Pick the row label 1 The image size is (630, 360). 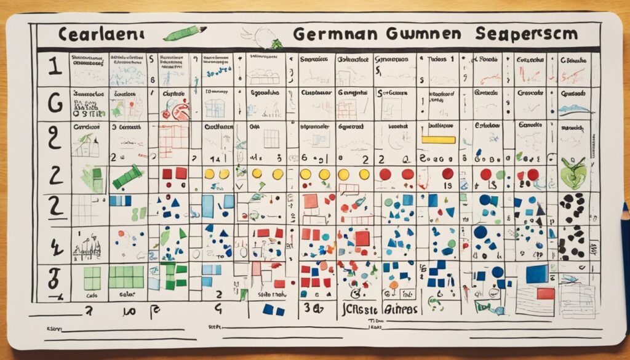click(x=54, y=67)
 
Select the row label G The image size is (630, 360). click(x=55, y=103)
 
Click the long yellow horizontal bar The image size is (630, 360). click(x=438, y=140)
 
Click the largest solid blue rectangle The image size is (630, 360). click(x=536, y=274)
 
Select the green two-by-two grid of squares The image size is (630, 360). click(x=92, y=278)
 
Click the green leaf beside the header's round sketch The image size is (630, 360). click(x=275, y=44)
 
